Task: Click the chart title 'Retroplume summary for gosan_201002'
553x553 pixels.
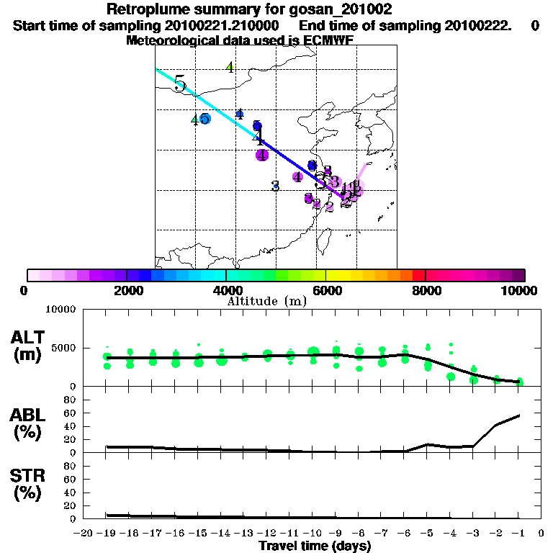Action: coord(249,9)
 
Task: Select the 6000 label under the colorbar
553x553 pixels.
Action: coord(326,290)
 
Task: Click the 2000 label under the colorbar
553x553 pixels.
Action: coord(127,290)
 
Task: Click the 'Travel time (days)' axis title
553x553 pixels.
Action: coord(315,547)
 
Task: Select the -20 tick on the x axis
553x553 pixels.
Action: coord(85,533)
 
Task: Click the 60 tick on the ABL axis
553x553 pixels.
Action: coord(71,413)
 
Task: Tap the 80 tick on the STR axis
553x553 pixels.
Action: coord(71,466)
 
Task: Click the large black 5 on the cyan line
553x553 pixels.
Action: coord(180,84)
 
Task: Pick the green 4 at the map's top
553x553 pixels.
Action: coord(230,67)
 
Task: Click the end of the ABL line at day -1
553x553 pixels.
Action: coord(519,415)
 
